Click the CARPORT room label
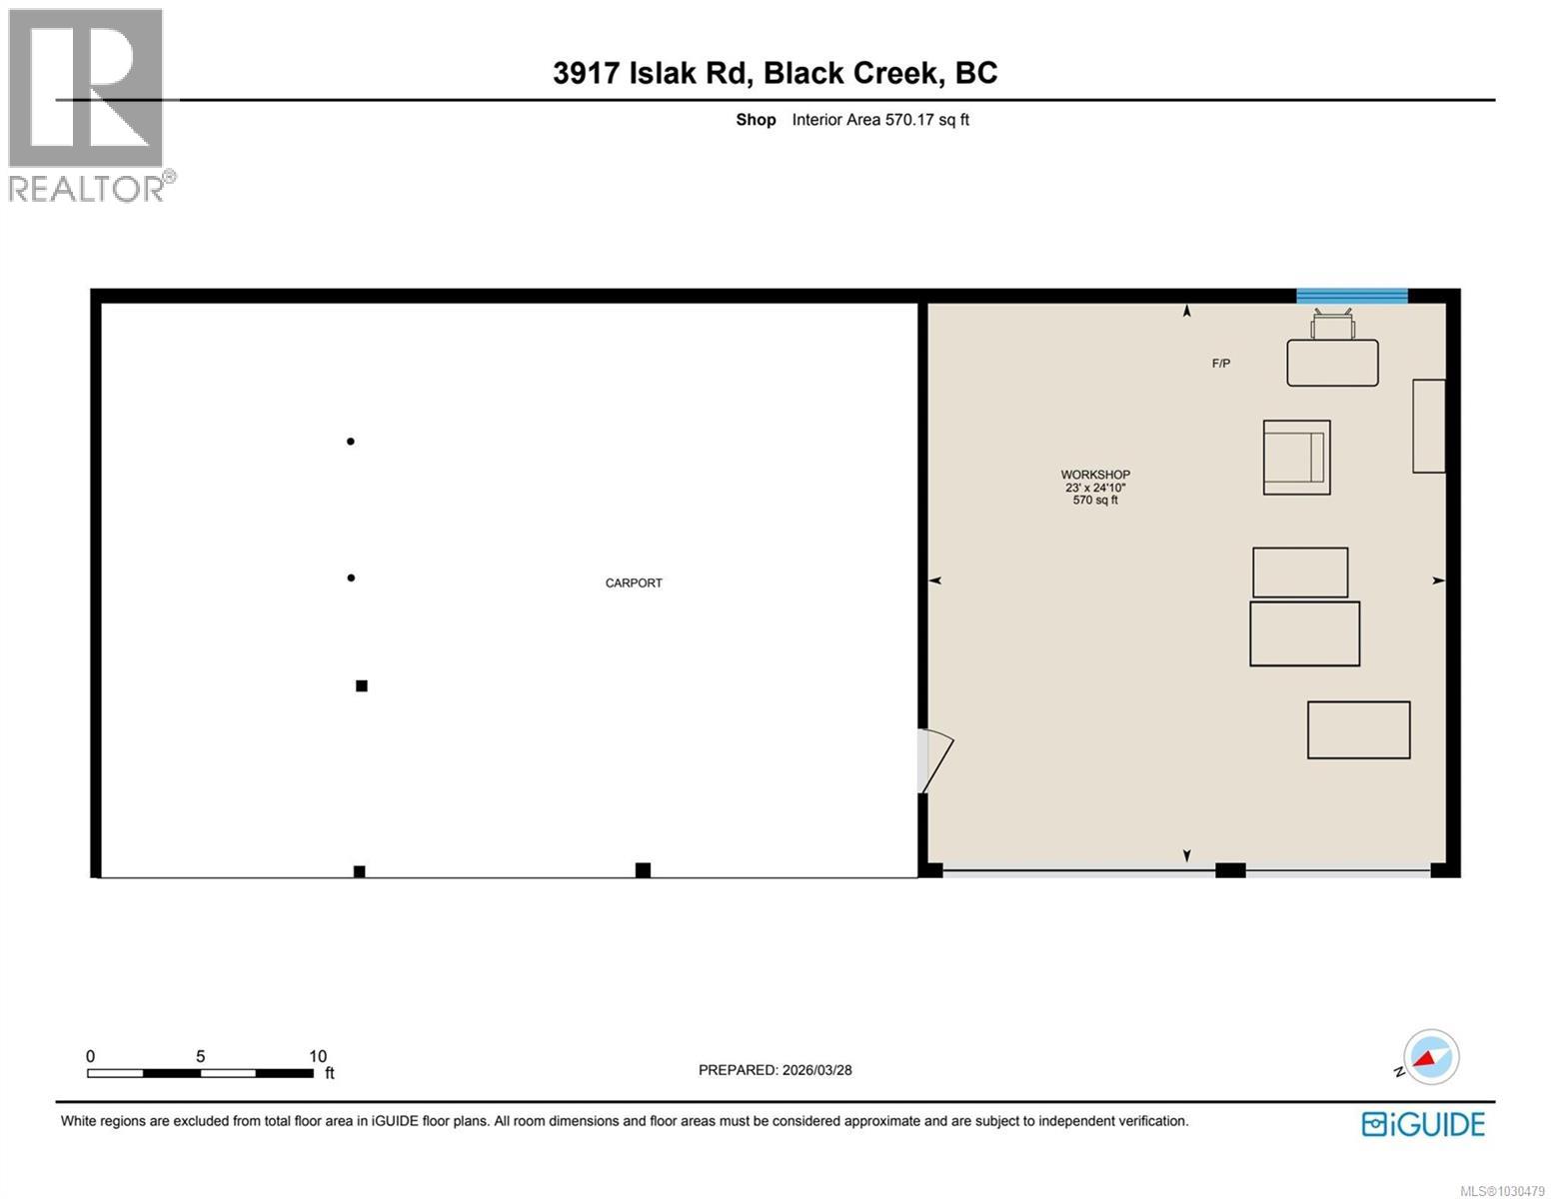(634, 583)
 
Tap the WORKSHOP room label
(1095, 475)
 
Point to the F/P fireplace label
(1220, 364)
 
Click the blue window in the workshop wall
(1352, 295)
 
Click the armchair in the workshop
(1296, 457)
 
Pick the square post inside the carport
(362, 685)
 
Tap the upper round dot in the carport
(351, 441)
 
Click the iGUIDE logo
(1423, 1124)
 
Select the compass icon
(1431, 1057)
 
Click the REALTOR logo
(87, 105)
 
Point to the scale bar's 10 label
(318, 1056)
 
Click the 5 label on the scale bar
(201, 1056)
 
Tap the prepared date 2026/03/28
(815, 1070)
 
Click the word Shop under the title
(756, 120)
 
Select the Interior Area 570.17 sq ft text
(880, 120)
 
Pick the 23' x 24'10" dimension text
(1095, 488)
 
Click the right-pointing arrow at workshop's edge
(1438, 581)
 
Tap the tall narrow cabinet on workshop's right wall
(1428, 426)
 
